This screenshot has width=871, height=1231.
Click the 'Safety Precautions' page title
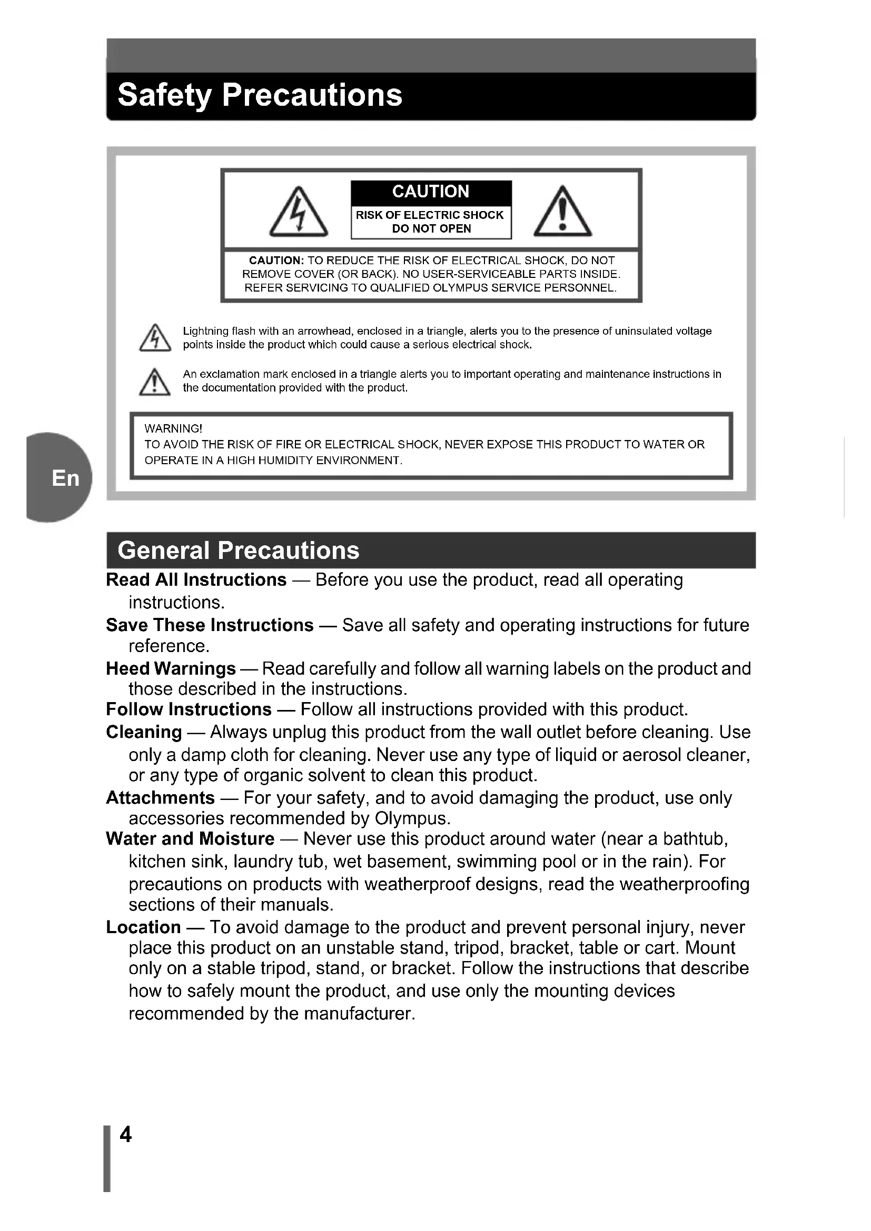(260, 95)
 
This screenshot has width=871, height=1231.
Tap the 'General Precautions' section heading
(238, 551)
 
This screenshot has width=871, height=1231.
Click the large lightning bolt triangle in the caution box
(299, 212)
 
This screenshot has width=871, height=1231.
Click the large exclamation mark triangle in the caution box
(562, 212)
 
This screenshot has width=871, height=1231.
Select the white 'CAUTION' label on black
(431, 192)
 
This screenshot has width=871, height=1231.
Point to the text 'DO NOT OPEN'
(431, 229)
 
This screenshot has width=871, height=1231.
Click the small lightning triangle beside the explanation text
(155, 338)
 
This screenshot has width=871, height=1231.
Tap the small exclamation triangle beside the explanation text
(155, 382)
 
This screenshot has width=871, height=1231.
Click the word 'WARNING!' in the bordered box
(173, 429)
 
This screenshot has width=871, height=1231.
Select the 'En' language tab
(65, 478)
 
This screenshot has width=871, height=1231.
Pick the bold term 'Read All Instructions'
(196, 580)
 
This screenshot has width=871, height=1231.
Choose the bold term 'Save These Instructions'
(210, 625)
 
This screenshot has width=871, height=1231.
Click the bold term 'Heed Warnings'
(171, 668)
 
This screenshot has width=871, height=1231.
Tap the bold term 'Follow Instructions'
(189, 709)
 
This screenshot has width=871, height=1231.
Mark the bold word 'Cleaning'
(144, 732)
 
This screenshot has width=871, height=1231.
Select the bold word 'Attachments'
(161, 798)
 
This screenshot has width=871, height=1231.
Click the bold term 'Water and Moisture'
(190, 838)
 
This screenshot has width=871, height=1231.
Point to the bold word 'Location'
(143, 927)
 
